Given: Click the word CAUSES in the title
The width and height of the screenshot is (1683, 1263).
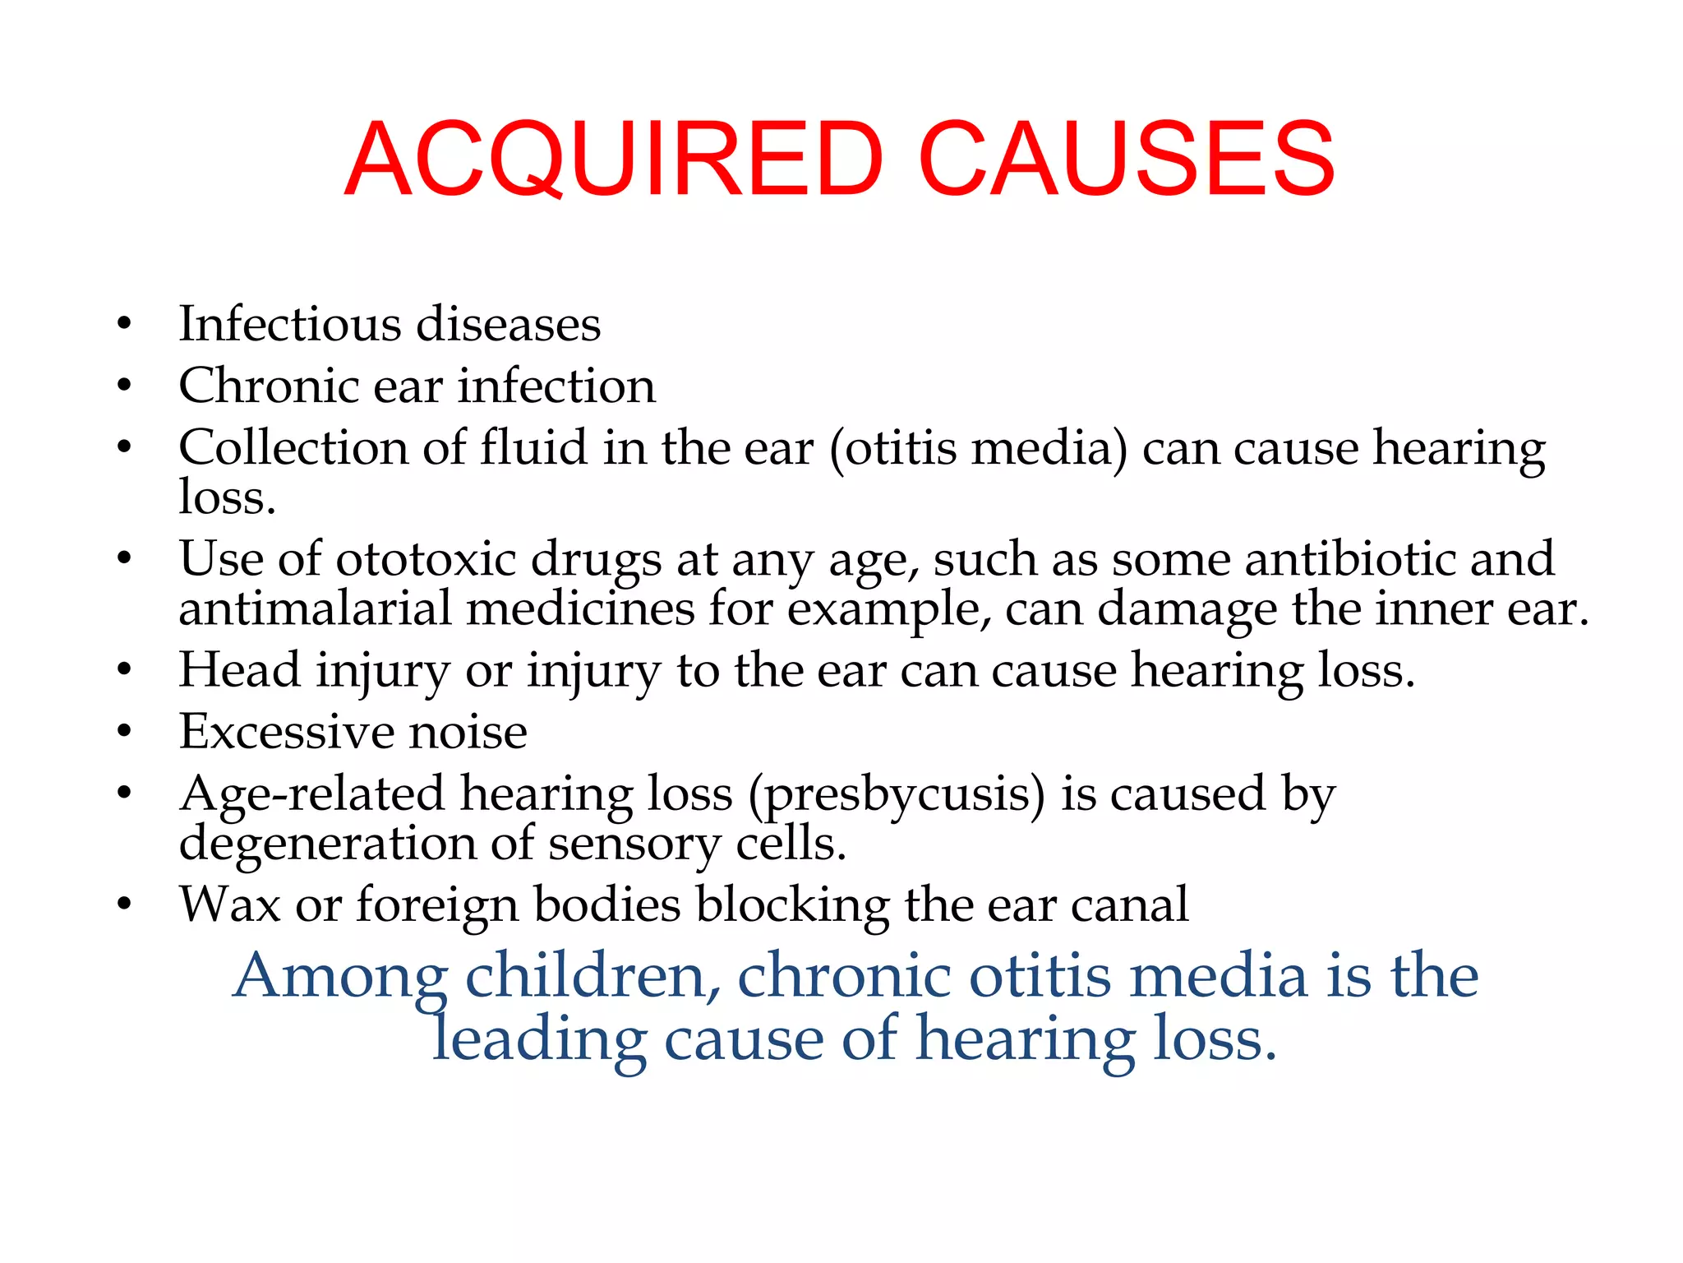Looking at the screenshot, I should [1127, 159].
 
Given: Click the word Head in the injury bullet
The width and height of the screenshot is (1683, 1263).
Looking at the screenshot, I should [239, 669].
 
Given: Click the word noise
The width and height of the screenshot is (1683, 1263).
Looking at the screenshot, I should [468, 731].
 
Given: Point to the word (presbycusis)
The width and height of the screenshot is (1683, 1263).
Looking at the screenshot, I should [897, 795].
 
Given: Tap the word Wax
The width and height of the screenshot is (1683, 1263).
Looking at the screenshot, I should [230, 904].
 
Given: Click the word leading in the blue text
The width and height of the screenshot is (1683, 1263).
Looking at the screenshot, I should [539, 1039].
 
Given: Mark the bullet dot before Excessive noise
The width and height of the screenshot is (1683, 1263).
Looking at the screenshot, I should [124, 731].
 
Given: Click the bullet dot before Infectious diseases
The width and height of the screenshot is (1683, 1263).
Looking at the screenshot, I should [124, 324].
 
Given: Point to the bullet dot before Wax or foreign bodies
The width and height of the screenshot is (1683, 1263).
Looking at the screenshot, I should [124, 904].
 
